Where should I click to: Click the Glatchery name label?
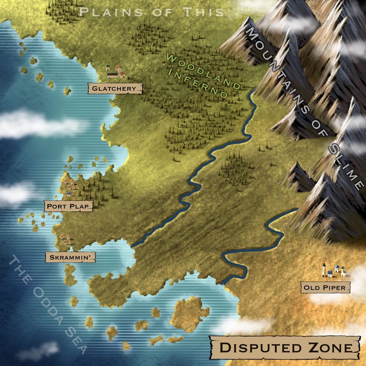(114, 87)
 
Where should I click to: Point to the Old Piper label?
(325, 287)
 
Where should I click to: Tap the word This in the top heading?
(204, 12)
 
